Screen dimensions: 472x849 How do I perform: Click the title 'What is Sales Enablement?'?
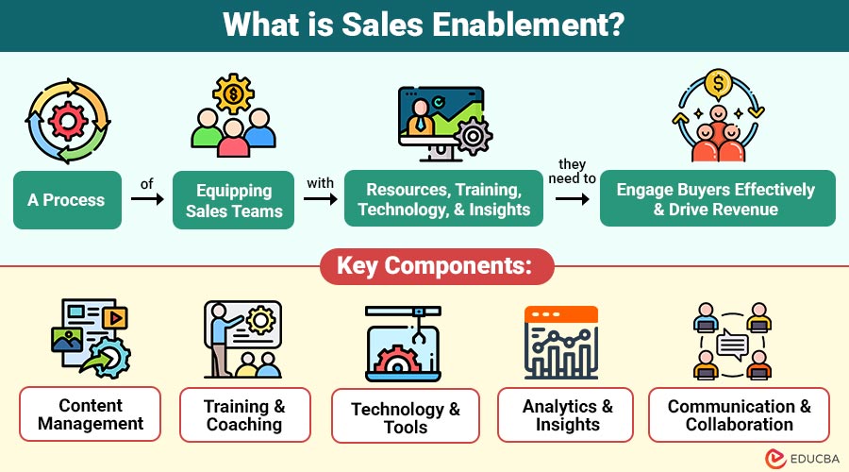424,25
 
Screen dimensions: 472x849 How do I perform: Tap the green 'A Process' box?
67,200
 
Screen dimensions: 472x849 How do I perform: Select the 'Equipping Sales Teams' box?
234,200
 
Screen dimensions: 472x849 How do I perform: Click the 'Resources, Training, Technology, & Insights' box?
443,199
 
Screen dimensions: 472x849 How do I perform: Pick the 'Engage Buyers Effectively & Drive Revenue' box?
717,199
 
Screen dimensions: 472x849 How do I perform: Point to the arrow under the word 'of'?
146,201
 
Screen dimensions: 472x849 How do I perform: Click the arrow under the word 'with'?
321,201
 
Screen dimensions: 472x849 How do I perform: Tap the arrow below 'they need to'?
571,199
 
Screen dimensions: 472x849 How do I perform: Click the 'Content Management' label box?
91,414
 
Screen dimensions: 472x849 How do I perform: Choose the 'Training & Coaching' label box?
244,415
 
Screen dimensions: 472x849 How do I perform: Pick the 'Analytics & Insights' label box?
568,415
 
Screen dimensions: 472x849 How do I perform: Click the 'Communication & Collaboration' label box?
739,415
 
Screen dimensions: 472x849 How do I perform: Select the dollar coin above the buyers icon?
718,85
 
